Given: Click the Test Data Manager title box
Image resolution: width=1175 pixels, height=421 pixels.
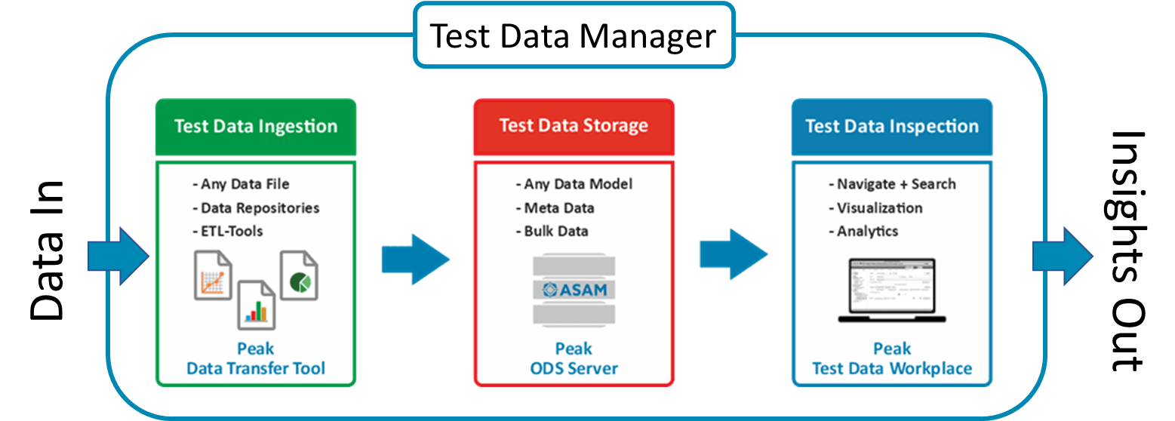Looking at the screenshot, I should click(x=574, y=35).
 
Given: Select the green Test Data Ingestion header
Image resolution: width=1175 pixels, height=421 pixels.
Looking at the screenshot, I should click(x=256, y=126).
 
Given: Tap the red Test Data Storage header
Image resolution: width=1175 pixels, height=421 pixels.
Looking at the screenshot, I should click(x=574, y=125).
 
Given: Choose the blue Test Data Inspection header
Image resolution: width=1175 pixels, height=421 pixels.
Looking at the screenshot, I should click(x=891, y=126).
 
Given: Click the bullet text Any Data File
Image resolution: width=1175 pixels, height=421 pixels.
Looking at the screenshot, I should click(x=241, y=184).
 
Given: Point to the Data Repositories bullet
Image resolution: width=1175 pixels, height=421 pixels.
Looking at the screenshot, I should click(x=256, y=208).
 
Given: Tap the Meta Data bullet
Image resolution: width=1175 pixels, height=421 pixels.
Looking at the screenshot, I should click(x=555, y=208).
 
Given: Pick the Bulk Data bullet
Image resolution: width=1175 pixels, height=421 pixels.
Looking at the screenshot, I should click(x=552, y=231).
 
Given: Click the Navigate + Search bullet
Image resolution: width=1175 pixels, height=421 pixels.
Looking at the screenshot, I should click(x=892, y=184).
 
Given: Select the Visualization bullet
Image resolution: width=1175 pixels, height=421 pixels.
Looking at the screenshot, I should click(x=875, y=208).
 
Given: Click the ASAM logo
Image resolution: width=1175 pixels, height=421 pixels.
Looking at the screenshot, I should click(x=574, y=290).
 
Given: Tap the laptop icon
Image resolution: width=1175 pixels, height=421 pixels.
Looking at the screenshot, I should click(x=891, y=290).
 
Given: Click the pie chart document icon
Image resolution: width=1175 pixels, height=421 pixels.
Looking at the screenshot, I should click(x=299, y=275).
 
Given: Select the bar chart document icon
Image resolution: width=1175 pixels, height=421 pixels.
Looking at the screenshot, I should click(x=257, y=305).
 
